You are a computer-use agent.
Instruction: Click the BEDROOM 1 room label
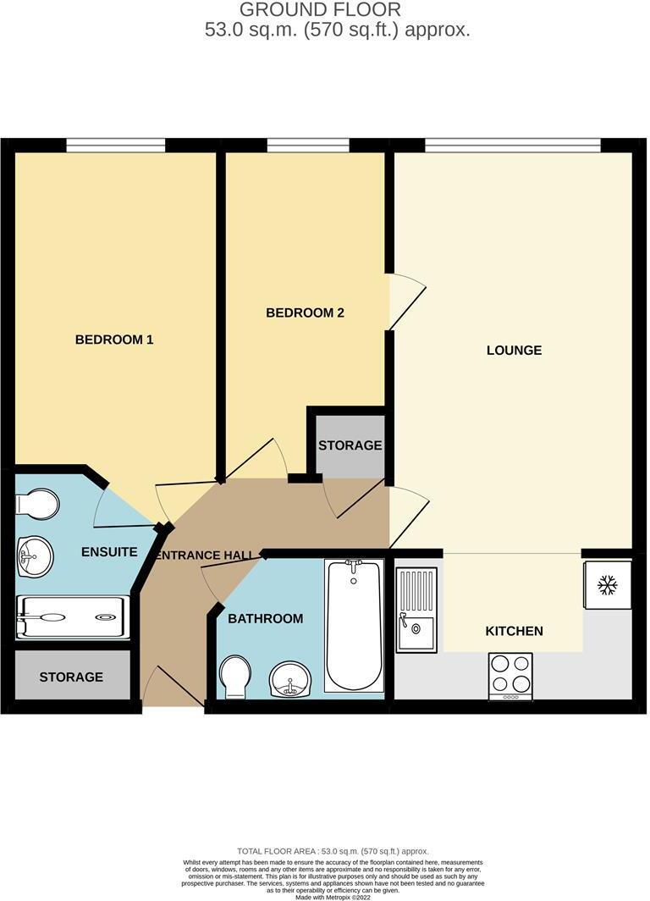coord(114,340)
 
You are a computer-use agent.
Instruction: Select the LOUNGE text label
coord(514,350)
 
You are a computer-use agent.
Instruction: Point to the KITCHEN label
coord(514,631)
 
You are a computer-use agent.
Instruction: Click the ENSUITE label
coord(109,552)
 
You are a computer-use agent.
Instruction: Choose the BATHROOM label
coord(265,618)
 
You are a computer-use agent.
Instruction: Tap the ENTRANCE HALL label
coord(205,556)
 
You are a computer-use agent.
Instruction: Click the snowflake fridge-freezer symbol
coord(606,583)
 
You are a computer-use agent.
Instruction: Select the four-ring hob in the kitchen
coord(510,675)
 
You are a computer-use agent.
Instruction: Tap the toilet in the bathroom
coord(234,677)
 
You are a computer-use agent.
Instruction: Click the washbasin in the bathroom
coord(289,679)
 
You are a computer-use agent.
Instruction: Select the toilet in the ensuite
coord(36,506)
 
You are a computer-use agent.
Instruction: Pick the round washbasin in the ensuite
coord(35,557)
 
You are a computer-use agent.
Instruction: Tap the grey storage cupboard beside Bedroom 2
coord(350,445)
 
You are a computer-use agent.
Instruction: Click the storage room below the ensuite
coord(71,677)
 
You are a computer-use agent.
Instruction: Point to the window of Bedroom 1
coord(116,145)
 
